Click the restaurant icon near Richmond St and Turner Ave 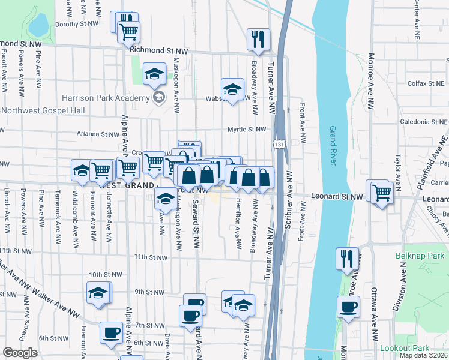click(258, 40)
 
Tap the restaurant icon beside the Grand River click(347, 259)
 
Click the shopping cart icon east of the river click(382, 193)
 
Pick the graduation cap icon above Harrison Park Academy click(155, 74)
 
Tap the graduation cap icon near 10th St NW click(98, 294)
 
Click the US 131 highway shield click(279, 145)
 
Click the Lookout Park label click(412, 348)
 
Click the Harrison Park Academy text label click(105, 98)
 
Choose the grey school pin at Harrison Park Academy click(158, 98)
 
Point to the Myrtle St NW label click(246, 129)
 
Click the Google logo click(20, 353)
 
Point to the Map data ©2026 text click(423, 355)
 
